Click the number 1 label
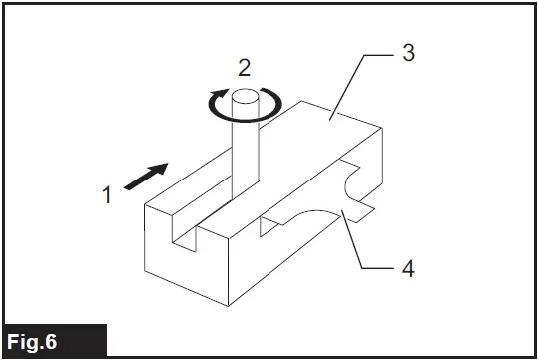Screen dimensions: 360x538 pyautogui.click(x=107, y=195)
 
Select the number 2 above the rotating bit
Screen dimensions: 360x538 pyautogui.click(x=243, y=68)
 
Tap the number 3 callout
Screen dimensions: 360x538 pyautogui.click(x=408, y=53)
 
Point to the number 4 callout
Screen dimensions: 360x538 pyautogui.click(x=407, y=268)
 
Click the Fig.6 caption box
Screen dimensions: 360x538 pyautogui.click(x=53, y=340)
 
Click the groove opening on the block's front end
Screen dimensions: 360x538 pyautogui.click(x=182, y=231)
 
